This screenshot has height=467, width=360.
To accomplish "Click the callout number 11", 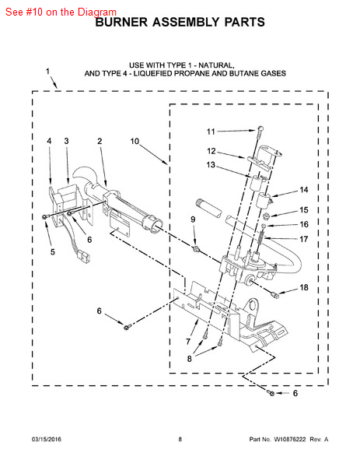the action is [x=211, y=132].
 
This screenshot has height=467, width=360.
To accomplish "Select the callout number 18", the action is [x=304, y=287].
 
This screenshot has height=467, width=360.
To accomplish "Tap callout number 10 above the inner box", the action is [x=135, y=141].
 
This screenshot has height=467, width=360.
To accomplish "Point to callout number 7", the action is [x=188, y=342].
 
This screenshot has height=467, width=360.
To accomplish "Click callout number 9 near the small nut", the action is [x=193, y=219].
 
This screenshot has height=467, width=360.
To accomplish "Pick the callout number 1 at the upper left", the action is [x=47, y=71].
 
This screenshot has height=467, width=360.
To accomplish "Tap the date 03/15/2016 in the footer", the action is [x=47, y=439].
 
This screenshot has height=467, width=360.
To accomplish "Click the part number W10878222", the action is [x=290, y=439].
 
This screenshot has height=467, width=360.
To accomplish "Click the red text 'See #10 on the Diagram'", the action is [x=61, y=12].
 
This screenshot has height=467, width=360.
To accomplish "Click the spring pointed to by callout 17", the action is [x=261, y=236].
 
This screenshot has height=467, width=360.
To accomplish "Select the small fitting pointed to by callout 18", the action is [x=275, y=295].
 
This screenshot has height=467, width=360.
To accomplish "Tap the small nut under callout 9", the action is [x=195, y=248].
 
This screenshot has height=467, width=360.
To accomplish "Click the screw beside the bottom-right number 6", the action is [x=271, y=393].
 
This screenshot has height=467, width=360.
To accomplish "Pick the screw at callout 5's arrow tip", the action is [x=44, y=217].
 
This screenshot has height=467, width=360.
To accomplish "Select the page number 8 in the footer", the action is [x=180, y=439].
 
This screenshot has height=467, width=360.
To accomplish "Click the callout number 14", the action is [x=304, y=190].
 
